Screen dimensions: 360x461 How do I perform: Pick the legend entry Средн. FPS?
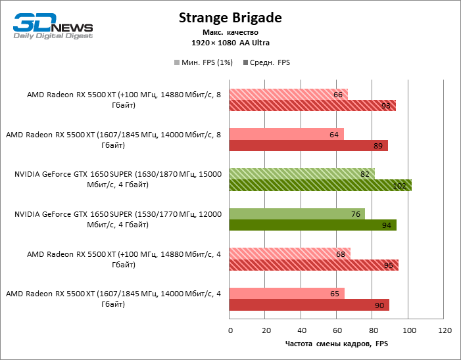click(267, 62)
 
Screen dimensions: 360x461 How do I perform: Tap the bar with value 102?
click(320, 185)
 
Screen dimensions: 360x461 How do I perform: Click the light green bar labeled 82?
click(302, 173)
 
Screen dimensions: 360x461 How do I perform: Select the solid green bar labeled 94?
click(313, 225)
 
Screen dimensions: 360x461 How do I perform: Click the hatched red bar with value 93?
click(312, 106)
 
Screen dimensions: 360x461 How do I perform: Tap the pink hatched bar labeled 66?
click(288, 94)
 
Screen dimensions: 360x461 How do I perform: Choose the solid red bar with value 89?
click(308, 146)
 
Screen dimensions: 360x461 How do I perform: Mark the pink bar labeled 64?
click(287, 134)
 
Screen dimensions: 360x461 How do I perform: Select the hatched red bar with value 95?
click(314, 265)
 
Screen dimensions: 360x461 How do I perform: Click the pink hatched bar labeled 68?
click(290, 253)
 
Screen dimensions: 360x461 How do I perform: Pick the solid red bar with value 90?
click(309, 305)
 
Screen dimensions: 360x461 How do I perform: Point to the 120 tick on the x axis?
click(445, 330)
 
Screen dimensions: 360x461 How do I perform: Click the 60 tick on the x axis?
click(337, 330)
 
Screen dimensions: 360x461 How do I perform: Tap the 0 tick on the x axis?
click(230, 330)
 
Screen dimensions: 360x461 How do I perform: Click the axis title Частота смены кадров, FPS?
click(337, 344)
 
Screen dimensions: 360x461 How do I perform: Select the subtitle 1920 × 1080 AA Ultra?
click(230, 43)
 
